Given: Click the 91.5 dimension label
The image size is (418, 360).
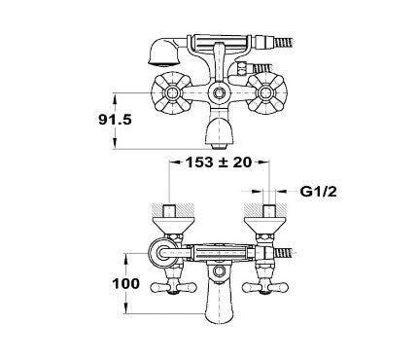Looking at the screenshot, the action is click(x=115, y=120).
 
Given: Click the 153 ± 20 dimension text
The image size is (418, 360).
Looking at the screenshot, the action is click(x=219, y=162).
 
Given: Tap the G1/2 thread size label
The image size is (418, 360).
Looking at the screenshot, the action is click(x=318, y=192).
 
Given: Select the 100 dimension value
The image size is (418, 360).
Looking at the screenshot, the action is click(x=125, y=284).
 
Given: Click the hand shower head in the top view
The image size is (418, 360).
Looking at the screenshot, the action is click(x=162, y=52).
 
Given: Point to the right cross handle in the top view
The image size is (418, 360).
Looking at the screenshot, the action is click(x=266, y=93).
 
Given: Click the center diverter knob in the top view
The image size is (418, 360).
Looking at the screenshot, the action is click(x=219, y=93).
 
